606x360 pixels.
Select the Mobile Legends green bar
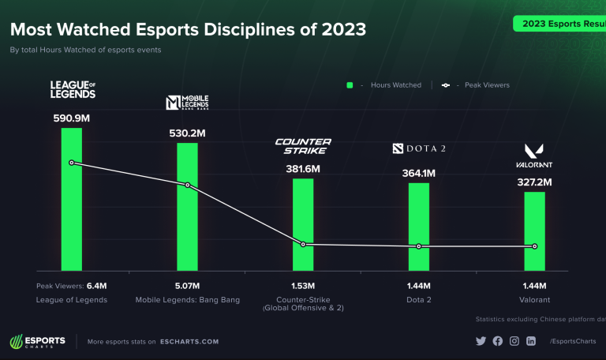187,221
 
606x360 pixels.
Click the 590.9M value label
72,118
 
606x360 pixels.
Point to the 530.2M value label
187,133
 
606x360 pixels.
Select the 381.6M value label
303,169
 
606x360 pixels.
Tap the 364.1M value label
419,173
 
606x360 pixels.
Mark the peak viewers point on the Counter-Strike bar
303,244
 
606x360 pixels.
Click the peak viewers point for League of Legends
72,163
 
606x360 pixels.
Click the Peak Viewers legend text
487,84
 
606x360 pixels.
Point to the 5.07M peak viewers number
187,286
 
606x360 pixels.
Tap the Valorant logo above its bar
535,155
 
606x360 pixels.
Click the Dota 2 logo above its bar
419,148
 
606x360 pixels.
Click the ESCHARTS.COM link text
188,341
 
